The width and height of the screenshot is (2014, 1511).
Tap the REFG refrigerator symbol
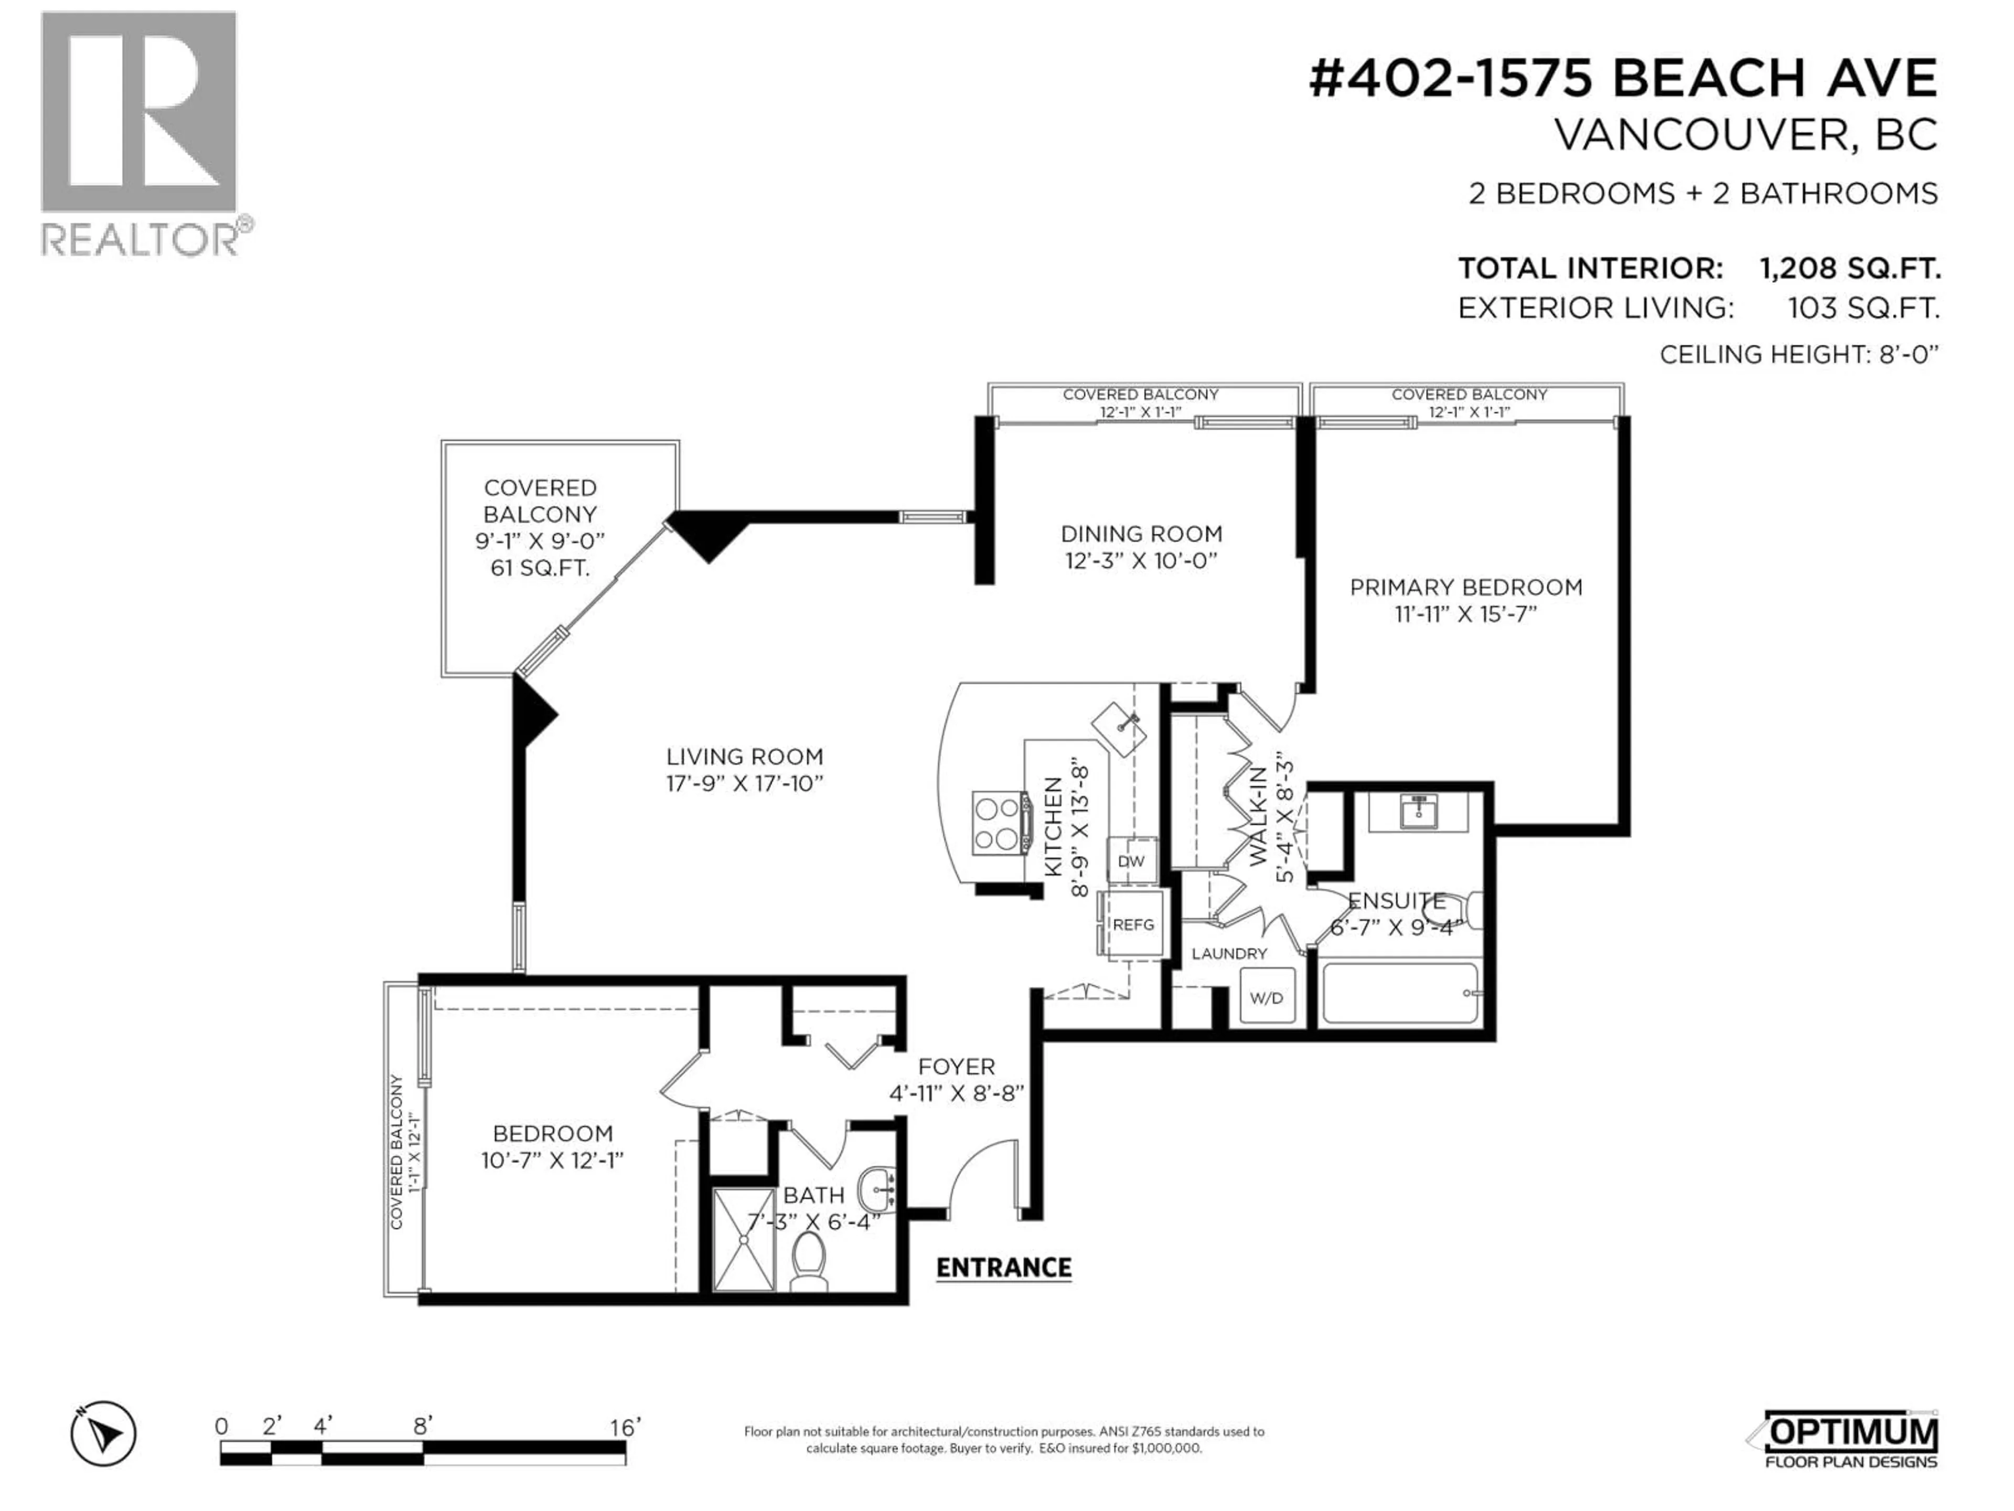click(1133, 924)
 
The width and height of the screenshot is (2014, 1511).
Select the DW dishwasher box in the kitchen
click(1131, 861)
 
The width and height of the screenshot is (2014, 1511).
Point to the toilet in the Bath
click(808, 1261)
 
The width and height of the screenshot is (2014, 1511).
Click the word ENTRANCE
click(1003, 1268)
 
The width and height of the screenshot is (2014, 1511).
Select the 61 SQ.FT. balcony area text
click(539, 568)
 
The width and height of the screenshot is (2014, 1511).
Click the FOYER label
click(956, 1067)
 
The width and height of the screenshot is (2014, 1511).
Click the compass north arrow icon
click(104, 1434)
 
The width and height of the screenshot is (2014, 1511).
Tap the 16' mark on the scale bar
click(626, 1427)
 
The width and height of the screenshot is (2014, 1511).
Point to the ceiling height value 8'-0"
click(1909, 354)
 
